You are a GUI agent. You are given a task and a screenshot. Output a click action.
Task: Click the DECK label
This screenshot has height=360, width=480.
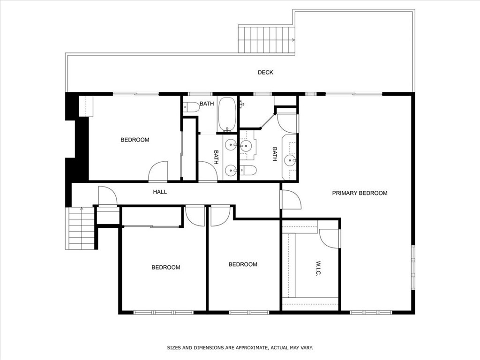pyautogui.click(x=265, y=72)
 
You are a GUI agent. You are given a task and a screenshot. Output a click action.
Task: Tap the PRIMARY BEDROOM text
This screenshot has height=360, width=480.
pyautogui.click(x=360, y=193)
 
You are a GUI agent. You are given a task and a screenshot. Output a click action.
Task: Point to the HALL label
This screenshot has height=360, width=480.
pyautogui.click(x=160, y=192)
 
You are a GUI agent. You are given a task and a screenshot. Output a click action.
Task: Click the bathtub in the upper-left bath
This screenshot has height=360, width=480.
pyautogui.click(x=227, y=114)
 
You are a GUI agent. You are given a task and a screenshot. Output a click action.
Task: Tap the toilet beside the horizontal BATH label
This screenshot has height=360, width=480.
pyautogui.click(x=192, y=107)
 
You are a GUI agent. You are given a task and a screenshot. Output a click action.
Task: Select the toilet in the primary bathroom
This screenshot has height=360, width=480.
pyautogui.click(x=249, y=170)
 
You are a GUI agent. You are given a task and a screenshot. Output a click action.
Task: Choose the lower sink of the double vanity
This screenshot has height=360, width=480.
pyautogui.click(x=230, y=171)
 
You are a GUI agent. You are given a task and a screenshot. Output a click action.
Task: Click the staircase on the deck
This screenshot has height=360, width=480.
pyautogui.click(x=266, y=40)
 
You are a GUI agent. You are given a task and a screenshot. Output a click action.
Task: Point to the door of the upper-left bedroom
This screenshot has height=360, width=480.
pyautogui.click(x=158, y=172)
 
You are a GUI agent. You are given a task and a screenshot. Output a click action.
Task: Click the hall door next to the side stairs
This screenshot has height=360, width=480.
pyautogui.click(x=107, y=196)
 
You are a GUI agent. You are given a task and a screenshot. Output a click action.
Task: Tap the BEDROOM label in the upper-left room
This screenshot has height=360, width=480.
pyautogui.click(x=135, y=140)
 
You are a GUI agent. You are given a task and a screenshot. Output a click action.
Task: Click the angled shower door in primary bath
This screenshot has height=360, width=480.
pyautogui.click(x=268, y=120)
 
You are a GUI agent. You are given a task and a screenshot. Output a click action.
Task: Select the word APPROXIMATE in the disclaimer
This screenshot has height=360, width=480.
pyautogui.click(x=250, y=348)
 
